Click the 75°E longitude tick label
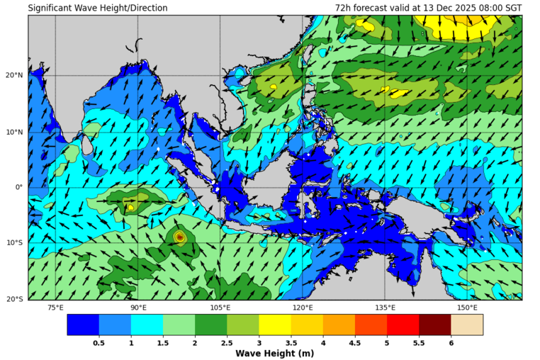[55, 308]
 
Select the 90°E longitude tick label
[138, 308]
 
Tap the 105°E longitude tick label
[220, 308]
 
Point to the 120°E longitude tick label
[303, 308]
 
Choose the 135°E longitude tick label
[385, 308]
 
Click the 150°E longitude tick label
[467, 308]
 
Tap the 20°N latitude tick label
[15, 75]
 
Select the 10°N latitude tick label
[15, 132]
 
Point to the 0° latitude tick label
[20, 188]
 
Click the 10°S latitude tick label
[15, 244]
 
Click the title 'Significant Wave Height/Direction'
[98, 8]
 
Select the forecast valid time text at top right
[428, 8]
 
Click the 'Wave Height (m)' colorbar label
[275, 353]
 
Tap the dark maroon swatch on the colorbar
[434, 325]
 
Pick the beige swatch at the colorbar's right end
[467, 325]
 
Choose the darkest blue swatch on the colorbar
[83, 325]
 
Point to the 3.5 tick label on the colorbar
[291, 342]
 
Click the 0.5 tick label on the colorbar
[99, 342]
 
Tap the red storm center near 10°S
[180, 237]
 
